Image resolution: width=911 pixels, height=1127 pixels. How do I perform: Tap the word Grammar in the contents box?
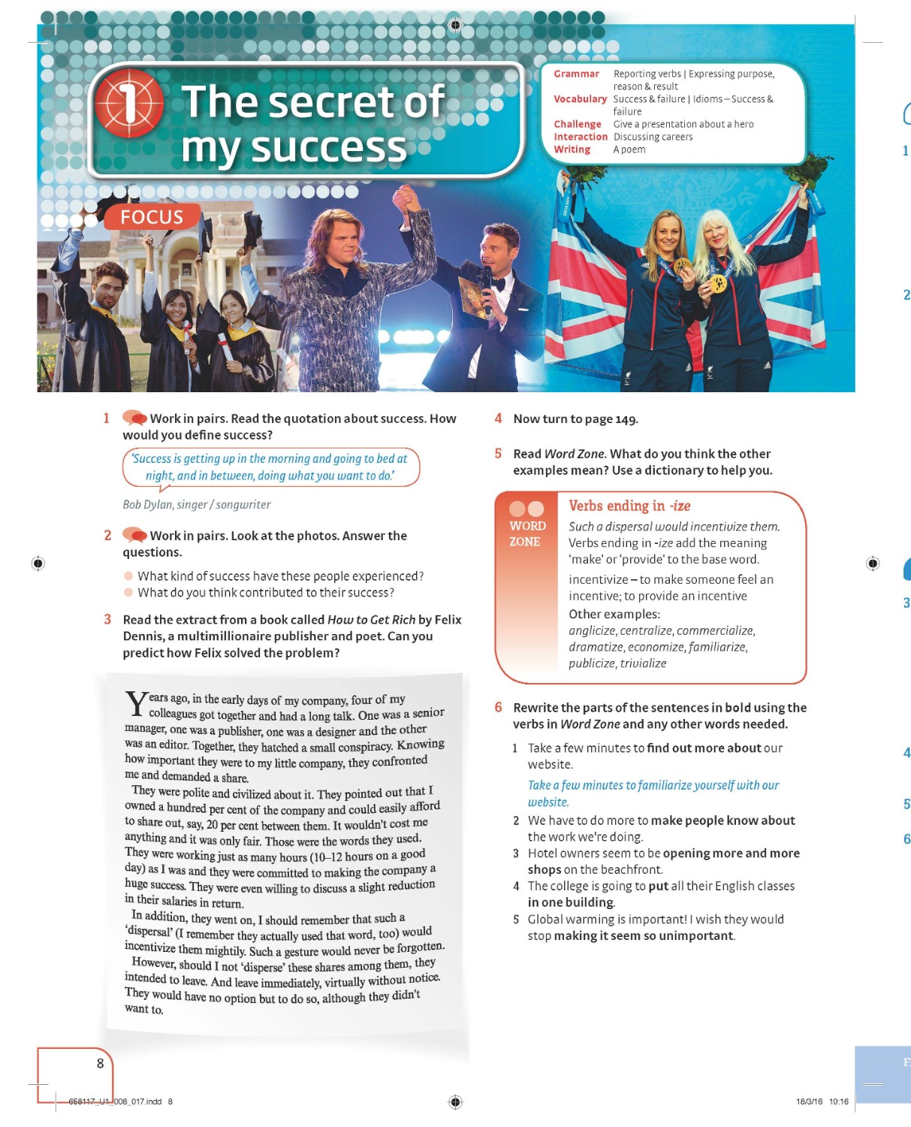pyautogui.click(x=576, y=74)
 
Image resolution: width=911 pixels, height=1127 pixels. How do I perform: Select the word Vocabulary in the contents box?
pyautogui.click(x=580, y=99)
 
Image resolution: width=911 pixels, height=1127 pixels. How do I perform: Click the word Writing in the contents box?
pyautogui.click(x=572, y=150)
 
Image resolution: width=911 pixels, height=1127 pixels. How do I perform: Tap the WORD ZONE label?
pyautogui.click(x=526, y=533)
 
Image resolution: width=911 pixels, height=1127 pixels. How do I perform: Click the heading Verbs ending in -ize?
pyautogui.click(x=629, y=506)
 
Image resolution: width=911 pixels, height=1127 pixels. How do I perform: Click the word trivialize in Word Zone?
pyautogui.click(x=644, y=663)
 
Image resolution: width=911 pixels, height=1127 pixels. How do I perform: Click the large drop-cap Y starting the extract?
pyautogui.click(x=136, y=705)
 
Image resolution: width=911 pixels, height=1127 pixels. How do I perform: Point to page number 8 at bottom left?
pyautogui.click(x=100, y=1063)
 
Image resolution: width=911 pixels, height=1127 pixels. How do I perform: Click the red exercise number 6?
pyautogui.click(x=498, y=707)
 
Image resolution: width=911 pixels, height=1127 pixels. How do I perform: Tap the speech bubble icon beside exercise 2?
pyautogui.click(x=134, y=535)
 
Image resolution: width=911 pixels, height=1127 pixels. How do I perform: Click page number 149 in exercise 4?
pyautogui.click(x=626, y=419)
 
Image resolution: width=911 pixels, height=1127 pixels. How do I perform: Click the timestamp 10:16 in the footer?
pyautogui.click(x=838, y=1101)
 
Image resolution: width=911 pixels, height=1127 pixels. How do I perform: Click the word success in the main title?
pyautogui.click(x=328, y=147)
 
